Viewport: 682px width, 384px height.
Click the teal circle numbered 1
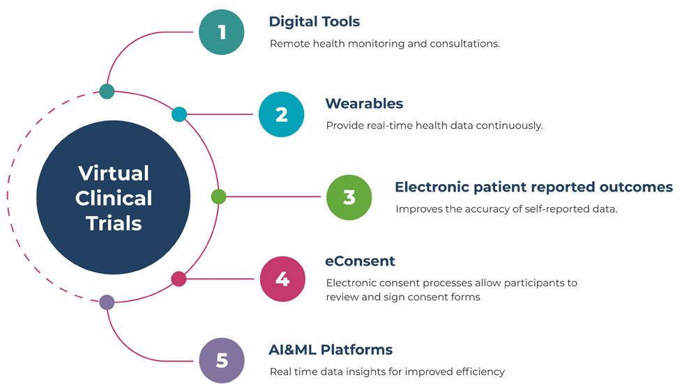click(x=222, y=32)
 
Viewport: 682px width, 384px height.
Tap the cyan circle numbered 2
click(x=281, y=114)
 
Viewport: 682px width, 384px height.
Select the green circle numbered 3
click(x=349, y=197)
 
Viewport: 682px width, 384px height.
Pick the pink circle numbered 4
click(x=282, y=279)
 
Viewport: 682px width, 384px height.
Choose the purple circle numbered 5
click(x=222, y=360)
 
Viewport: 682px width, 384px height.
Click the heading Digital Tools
click(x=315, y=22)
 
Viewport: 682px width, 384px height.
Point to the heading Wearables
click(x=364, y=104)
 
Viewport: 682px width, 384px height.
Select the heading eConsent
click(x=360, y=261)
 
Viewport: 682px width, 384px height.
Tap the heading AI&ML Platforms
click(x=331, y=350)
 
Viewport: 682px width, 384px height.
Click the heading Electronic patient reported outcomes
click(x=533, y=187)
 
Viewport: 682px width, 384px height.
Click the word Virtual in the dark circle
click(x=114, y=173)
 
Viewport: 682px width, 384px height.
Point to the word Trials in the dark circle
click(x=114, y=223)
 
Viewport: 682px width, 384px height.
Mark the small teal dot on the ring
click(x=107, y=91)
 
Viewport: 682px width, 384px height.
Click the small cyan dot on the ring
click(x=179, y=114)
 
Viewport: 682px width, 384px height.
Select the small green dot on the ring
click(x=218, y=197)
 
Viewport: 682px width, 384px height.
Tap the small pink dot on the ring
click(x=179, y=279)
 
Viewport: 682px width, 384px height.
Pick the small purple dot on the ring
click(x=107, y=302)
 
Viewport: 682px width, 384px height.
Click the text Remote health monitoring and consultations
click(x=385, y=43)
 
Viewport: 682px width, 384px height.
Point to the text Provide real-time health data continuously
click(x=434, y=126)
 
